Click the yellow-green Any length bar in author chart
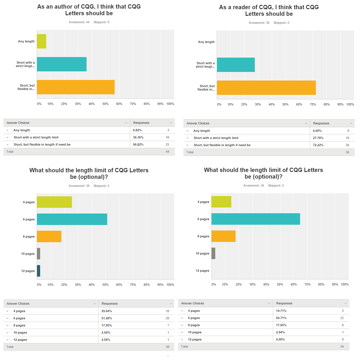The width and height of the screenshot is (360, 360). click(42, 41)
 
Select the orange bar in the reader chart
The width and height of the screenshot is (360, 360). click(266, 88)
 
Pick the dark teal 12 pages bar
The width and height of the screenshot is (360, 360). click(38, 271)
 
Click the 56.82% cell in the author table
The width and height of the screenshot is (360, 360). click(138, 145)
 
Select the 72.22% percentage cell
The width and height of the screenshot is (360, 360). click(318, 145)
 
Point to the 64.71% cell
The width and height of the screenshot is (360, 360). click(281, 318)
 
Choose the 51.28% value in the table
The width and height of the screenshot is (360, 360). click(107, 318)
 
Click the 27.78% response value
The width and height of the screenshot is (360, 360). click(318, 138)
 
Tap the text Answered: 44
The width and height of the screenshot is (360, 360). click(79, 22)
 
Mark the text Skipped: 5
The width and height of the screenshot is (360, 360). click(101, 186)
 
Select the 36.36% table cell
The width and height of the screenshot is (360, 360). click(138, 138)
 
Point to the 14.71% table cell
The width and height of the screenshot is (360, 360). click(281, 311)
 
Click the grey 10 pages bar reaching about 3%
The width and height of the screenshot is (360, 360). click(213, 253)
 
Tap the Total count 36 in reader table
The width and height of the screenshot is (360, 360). click(347, 152)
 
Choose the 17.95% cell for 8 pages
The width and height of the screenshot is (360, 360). click(107, 326)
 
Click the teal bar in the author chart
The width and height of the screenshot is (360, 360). click(62, 64)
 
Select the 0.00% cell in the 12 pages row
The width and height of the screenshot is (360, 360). click(280, 340)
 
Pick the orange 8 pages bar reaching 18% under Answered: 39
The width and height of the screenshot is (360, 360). click(49, 236)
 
